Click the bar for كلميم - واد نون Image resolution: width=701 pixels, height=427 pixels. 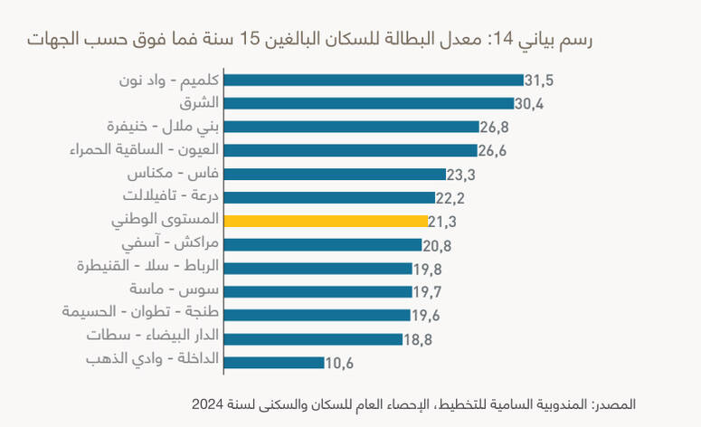click(374, 80)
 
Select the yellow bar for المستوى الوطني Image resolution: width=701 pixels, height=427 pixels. click(326, 221)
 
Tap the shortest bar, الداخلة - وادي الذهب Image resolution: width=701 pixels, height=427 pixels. click(274, 363)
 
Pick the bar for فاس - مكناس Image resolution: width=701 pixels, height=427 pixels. click(335, 174)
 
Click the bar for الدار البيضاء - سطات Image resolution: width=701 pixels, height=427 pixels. click(313, 339)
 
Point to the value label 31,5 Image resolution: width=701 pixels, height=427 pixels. click(539, 81)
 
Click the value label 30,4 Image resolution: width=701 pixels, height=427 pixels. click(529, 104)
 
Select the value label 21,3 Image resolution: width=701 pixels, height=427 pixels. click(442, 222)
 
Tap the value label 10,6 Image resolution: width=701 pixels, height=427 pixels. click(339, 364)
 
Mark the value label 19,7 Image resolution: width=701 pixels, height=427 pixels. click(427, 292)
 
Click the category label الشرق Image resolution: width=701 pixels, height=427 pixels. click(199, 103)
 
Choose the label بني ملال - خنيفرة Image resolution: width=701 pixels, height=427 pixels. click(163, 127)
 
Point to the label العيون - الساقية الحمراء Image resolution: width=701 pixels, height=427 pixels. click(145, 150)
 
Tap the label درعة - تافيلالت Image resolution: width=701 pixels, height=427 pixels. click(171, 195)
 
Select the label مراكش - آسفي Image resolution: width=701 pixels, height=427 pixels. click(170, 243)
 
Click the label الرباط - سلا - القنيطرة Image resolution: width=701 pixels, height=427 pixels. click(148, 266)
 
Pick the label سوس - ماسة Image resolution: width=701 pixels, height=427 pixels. click(175, 289)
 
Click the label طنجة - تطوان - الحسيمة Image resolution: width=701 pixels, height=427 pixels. click(140, 311)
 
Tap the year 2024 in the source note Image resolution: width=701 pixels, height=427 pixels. click(207, 404)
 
